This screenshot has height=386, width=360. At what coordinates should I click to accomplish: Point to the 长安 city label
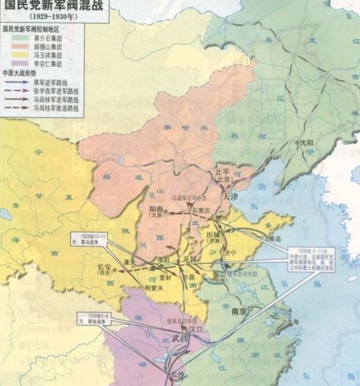pyautogui.click(x=105, y=268)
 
